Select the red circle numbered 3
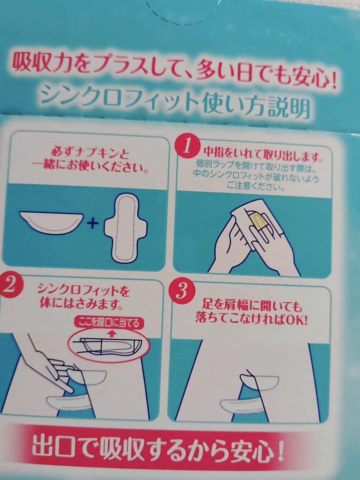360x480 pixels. (x=183, y=292)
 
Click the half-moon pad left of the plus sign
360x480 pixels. (x=51, y=223)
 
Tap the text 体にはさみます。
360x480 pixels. (x=81, y=305)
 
